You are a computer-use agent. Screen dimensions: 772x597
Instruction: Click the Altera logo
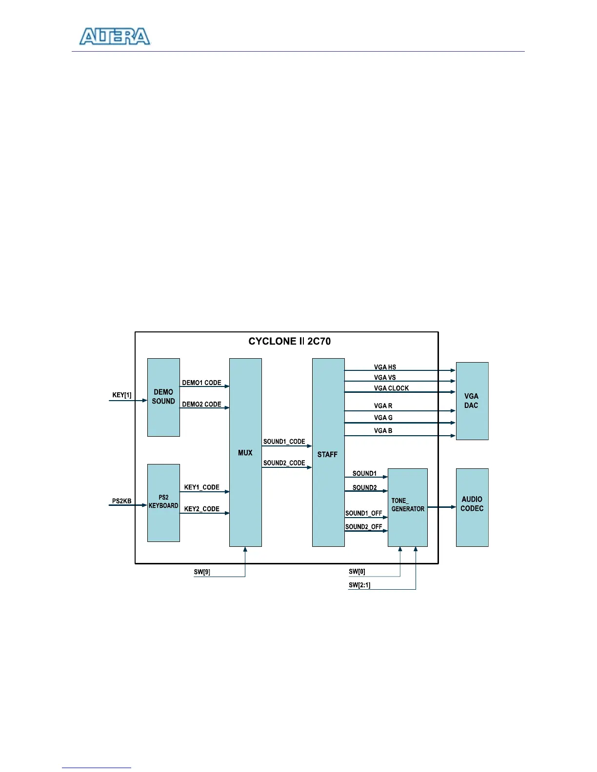[115, 37]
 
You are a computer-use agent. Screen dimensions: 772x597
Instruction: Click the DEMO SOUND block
[163, 397]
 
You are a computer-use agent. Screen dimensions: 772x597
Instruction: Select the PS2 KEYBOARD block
[163, 502]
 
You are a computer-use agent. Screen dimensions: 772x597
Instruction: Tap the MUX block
[245, 453]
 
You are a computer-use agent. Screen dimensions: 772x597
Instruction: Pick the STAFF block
[328, 454]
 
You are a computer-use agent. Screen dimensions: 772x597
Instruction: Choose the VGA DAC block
[472, 401]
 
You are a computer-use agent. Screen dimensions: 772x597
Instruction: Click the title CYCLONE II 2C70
[289, 341]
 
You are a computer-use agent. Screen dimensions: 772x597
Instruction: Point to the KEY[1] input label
[122, 395]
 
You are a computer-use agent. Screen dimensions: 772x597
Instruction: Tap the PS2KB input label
[122, 501]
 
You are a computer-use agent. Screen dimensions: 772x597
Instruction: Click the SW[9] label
[202, 572]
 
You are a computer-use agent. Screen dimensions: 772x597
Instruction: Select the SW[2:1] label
[359, 585]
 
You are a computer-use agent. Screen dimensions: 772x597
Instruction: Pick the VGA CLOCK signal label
[391, 388]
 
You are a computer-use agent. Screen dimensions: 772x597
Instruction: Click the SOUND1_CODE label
[284, 442]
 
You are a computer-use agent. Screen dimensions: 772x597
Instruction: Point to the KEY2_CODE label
[201, 509]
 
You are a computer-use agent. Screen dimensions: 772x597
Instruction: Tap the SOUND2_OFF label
[363, 527]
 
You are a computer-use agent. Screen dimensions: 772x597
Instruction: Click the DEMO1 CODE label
[201, 383]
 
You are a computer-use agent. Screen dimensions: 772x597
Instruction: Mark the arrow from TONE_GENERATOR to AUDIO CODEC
[441, 507]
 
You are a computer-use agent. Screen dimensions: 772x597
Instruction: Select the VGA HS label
[385, 367]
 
